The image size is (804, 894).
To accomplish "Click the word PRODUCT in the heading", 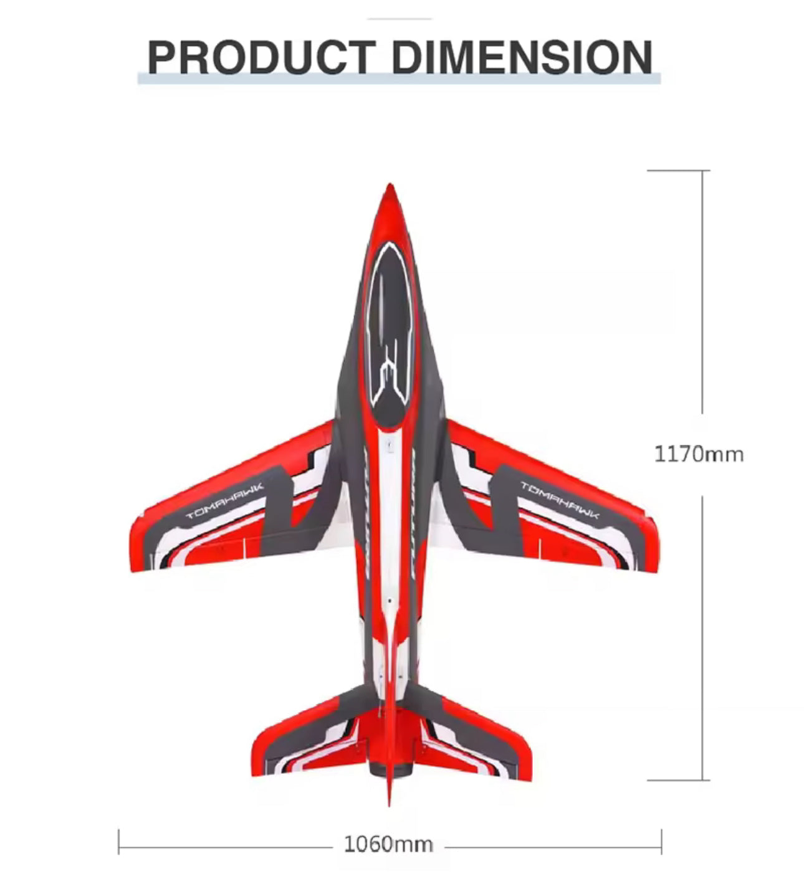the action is click(262, 57).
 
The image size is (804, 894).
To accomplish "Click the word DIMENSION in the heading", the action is click(522, 57).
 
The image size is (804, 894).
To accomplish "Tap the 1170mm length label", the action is click(699, 455).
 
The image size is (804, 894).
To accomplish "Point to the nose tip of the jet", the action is click(390, 184).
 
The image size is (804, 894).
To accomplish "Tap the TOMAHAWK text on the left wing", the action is click(224, 502).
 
